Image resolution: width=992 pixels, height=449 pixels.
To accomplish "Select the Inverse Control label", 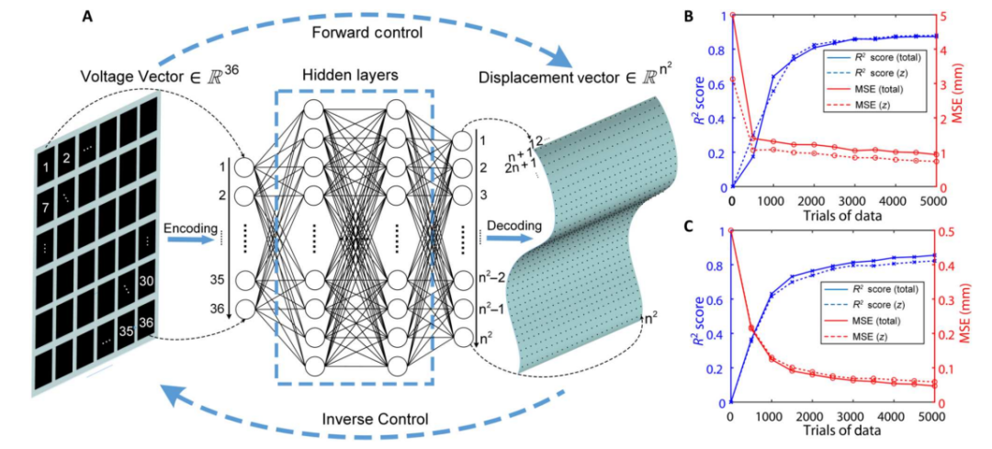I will tap(374, 420).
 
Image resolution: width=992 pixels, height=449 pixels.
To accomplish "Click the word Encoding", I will tap(188, 227).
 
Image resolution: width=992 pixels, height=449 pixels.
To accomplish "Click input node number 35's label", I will tap(216, 281).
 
